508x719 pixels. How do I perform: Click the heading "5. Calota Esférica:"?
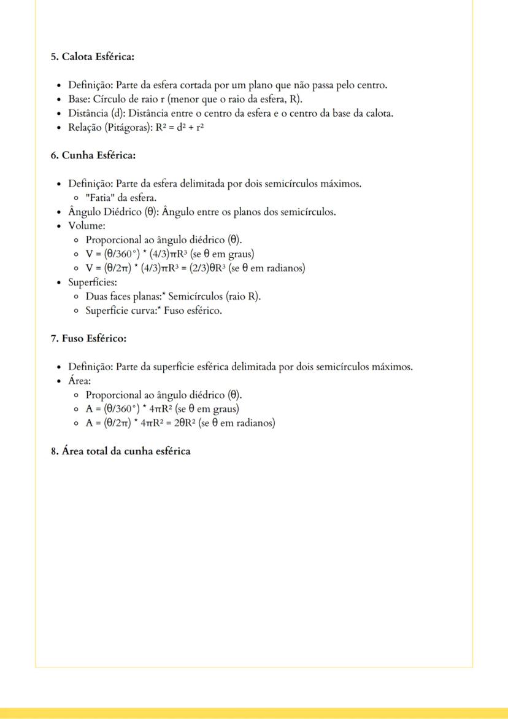(x=93, y=57)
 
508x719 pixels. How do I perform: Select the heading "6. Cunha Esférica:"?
(x=93, y=155)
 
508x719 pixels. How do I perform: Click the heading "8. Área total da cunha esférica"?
(x=120, y=451)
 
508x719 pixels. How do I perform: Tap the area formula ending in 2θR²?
(x=180, y=423)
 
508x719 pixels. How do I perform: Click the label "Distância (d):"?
(x=97, y=113)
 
